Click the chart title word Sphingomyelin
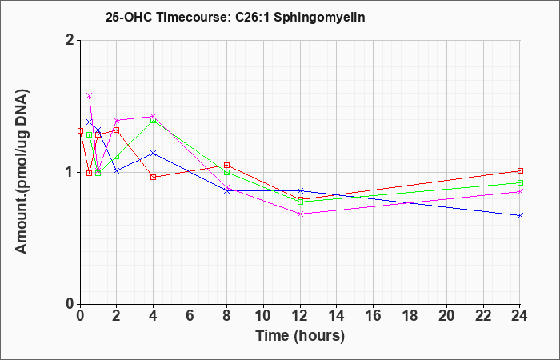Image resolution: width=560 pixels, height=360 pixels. coord(319,17)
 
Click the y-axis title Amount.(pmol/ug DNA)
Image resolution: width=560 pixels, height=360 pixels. coord(22,171)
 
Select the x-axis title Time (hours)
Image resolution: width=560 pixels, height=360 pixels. coord(300,336)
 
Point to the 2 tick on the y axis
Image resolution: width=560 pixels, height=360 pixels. coord(70,40)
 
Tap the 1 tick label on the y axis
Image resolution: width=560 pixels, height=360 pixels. coord(70,172)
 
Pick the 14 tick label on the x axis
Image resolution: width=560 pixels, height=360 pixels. coord(337,316)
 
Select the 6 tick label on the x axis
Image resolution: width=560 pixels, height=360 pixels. coord(190,316)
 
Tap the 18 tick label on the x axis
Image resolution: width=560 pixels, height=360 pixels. coord(410,316)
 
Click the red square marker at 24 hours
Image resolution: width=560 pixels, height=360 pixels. coord(520,170)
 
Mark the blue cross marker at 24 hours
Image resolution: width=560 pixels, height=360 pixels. coord(520,216)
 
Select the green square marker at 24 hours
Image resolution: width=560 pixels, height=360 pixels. coord(520,183)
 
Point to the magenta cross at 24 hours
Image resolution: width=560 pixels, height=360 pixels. coord(520,192)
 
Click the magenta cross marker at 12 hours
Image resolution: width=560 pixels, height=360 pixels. coord(301,214)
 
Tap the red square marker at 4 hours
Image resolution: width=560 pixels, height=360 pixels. coord(154,177)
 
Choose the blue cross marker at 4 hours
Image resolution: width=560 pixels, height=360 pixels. coord(154,154)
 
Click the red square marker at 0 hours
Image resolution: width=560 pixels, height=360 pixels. coord(80,131)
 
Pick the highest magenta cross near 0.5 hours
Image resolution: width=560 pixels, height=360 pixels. coord(90,96)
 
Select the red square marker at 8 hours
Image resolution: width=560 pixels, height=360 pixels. coord(226,165)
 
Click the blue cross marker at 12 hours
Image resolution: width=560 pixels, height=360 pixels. coord(301,190)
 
